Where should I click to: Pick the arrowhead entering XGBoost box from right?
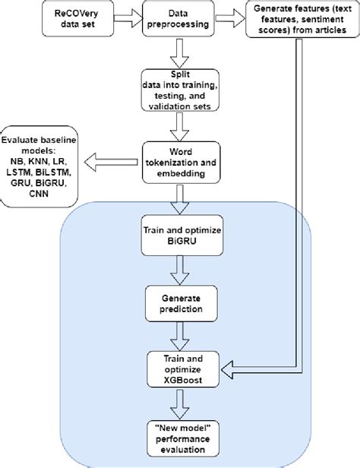coord(228,367)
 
